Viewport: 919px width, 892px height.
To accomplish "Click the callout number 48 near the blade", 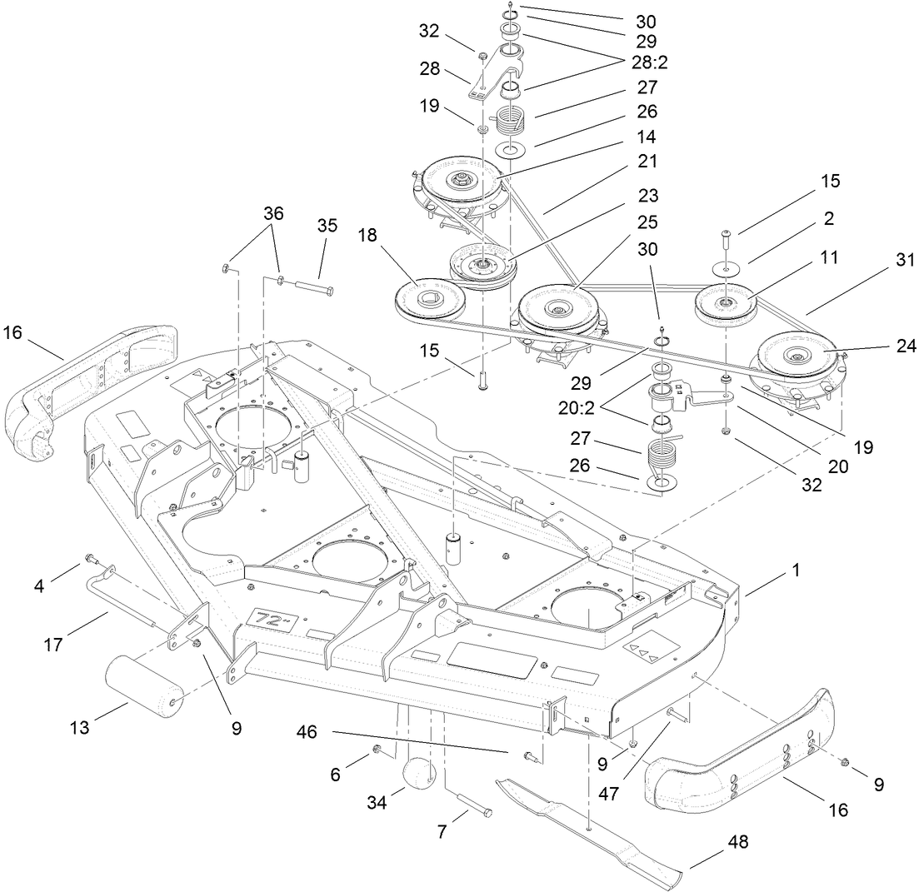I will [x=737, y=842].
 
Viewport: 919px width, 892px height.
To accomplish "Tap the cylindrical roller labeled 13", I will [x=143, y=683].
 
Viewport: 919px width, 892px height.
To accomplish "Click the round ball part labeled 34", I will [x=422, y=775].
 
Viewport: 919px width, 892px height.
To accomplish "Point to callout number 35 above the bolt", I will [x=327, y=227].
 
